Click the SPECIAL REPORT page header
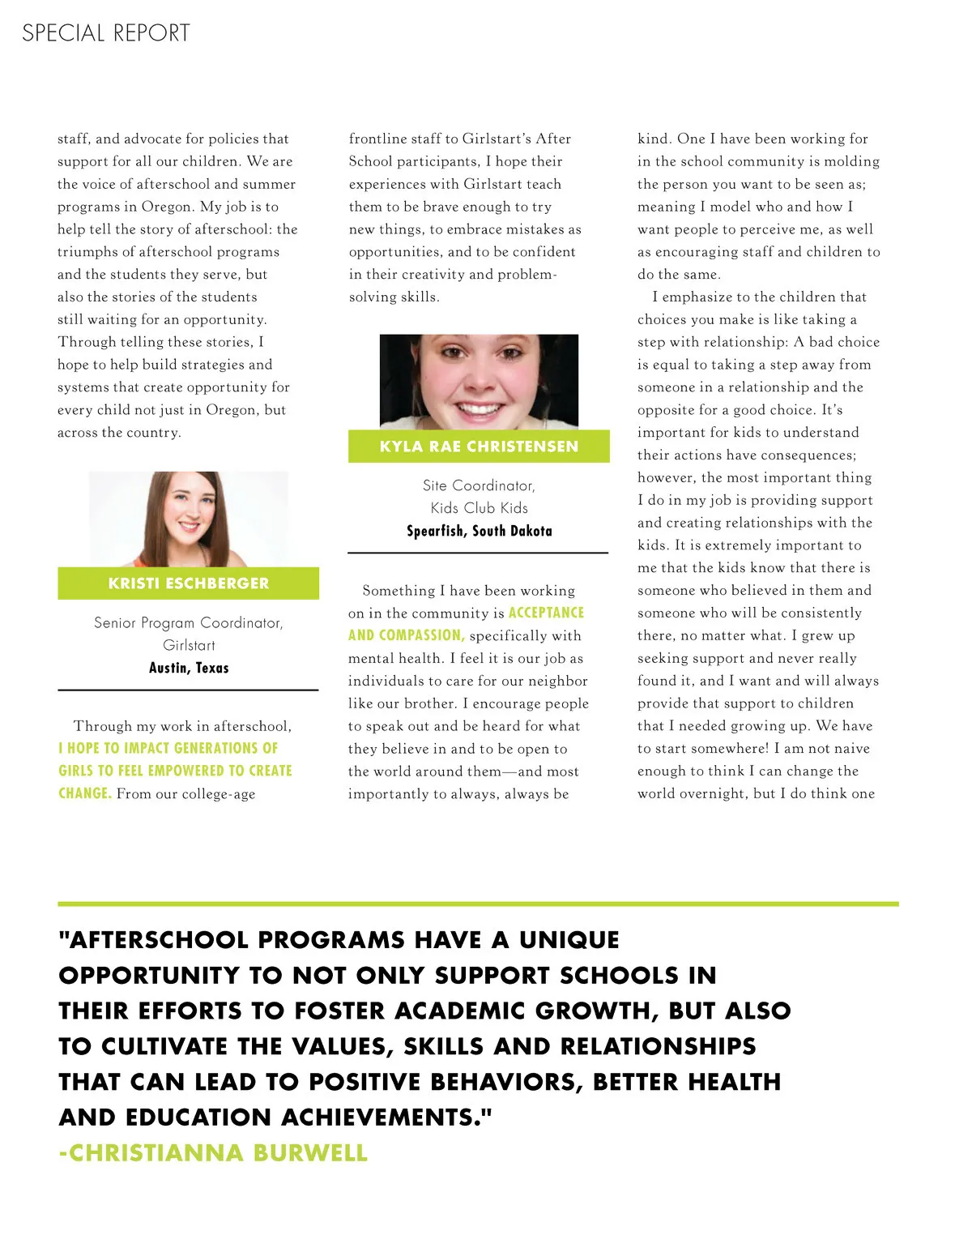pyautogui.click(x=106, y=33)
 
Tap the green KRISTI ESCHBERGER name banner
pyautogui.click(x=188, y=583)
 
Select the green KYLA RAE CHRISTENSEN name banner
pyautogui.click(x=479, y=447)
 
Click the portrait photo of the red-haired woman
pyautogui.click(x=188, y=519)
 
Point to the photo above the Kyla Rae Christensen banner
pyautogui.click(x=479, y=382)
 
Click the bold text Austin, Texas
pyautogui.click(x=189, y=668)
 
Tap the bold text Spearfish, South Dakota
pyautogui.click(x=479, y=531)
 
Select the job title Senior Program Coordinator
pyautogui.click(x=188, y=622)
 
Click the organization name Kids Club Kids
pyautogui.click(x=479, y=508)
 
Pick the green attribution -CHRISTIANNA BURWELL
pyautogui.click(x=213, y=1152)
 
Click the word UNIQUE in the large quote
pyautogui.click(x=569, y=940)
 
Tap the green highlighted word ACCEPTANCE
pyautogui.click(x=546, y=613)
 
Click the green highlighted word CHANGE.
pyautogui.click(x=84, y=793)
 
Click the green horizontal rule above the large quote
pyautogui.click(x=478, y=904)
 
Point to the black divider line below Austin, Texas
pyautogui.click(x=188, y=690)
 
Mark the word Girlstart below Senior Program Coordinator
pyautogui.click(x=189, y=645)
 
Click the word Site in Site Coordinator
pyautogui.click(x=435, y=485)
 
